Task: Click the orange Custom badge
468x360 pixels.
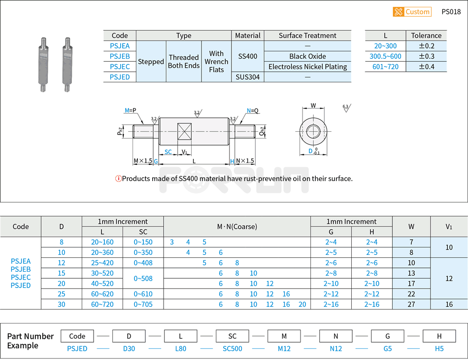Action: point(412,12)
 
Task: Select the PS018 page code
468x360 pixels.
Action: point(451,12)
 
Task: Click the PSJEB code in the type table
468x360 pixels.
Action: point(120,56)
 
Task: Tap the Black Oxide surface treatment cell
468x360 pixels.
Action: point(307,56)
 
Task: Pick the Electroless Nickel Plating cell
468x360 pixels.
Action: point(307,67)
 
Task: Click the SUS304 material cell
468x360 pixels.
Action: point(247,77)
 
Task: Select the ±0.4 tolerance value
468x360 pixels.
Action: point(426,67)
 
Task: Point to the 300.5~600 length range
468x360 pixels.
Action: point(385,56)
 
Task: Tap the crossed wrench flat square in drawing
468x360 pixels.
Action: point(186,131)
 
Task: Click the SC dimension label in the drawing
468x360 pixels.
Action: point(168,152)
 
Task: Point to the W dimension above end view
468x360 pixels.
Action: point(313,106)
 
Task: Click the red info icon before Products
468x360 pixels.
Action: point(118,179)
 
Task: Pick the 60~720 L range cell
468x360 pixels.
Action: point(102,304)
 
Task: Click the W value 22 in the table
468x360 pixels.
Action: point(411,294)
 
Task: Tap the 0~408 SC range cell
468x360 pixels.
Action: point(143,263)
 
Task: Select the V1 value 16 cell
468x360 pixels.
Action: point(449,304)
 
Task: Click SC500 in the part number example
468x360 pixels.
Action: point(232,349)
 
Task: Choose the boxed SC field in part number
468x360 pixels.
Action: point(232,336)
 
